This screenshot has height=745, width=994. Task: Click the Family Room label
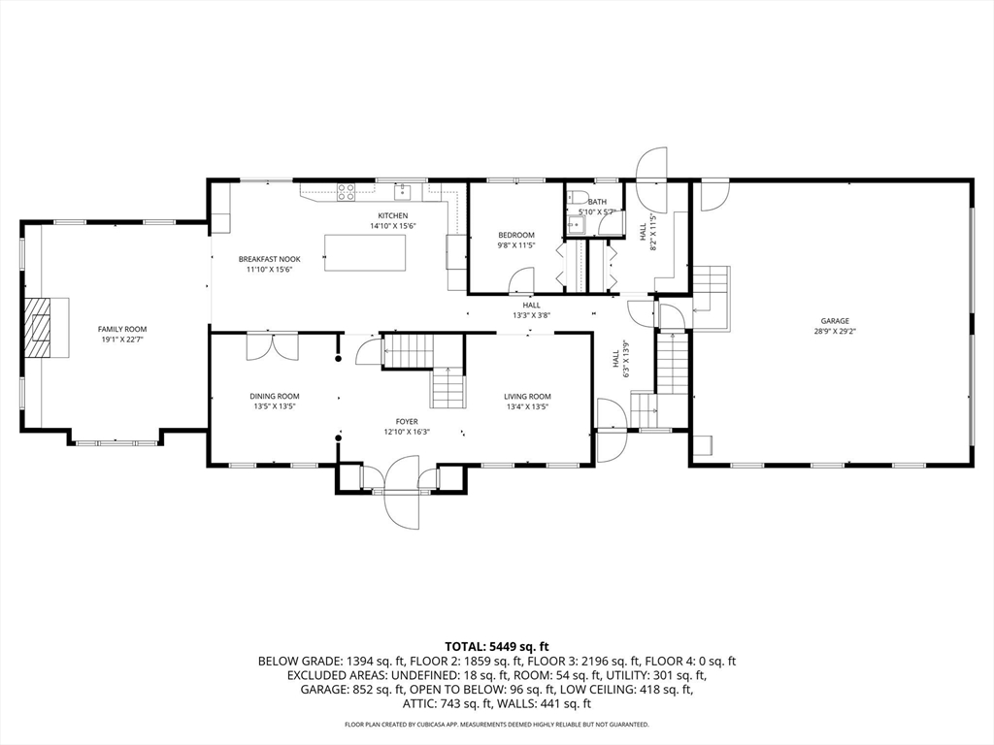click(122, 330)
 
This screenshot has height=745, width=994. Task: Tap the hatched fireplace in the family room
click(40, 328)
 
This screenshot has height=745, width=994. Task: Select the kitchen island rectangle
click(365, 253)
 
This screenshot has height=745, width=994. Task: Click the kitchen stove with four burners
click(346, 191)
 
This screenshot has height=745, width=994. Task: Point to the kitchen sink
click(402, 191)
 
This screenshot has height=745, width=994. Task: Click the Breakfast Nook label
click(270, 259)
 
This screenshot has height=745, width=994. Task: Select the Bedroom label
click(516, 235)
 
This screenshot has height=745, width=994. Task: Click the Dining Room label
click(275, 397)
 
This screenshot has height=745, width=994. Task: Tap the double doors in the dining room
click(272, 348)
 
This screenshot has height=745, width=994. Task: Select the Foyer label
click(407, 422)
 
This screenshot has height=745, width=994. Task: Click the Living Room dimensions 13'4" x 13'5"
click(527, 407)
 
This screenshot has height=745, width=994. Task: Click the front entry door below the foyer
click(401, 492)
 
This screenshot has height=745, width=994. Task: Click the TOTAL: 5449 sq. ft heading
click(496, 647)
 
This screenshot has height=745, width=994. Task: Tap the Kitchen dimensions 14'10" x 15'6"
click(393, 226)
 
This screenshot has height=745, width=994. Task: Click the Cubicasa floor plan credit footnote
click(496, 724)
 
